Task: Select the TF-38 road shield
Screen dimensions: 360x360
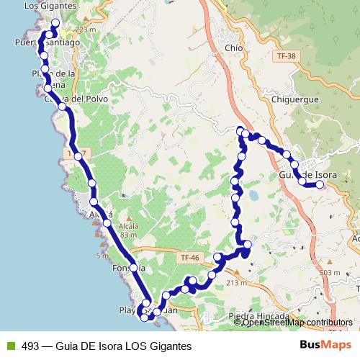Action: click(285, 55)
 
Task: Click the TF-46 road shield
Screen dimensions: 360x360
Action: click(190, 257)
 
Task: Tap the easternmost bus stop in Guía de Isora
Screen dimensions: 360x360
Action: click(320, 184)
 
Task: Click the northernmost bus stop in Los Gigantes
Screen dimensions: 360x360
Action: click(55, 22)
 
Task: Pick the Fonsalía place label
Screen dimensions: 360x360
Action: click(130, 269)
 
